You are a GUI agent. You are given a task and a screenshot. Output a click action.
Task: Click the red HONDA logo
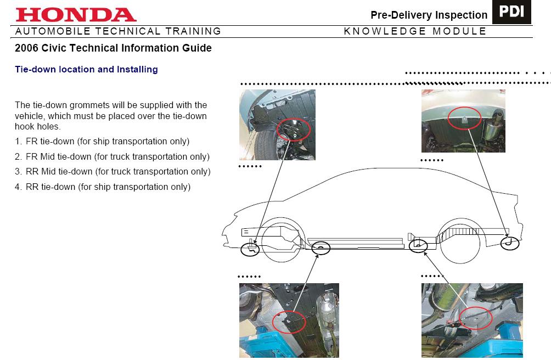pos(76,15)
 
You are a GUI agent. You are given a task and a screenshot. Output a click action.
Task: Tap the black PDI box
pos(511,13)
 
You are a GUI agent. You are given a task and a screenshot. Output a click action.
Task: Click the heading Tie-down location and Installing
pos(86,70)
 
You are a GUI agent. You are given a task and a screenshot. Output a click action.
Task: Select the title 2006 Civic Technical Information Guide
pos(113,48)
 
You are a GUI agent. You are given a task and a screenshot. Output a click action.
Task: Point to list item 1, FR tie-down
pos(102,141)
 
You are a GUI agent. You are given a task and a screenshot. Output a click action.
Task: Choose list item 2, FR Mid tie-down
pos(113,156)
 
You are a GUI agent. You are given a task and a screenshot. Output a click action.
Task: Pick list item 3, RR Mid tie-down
pos(113,172)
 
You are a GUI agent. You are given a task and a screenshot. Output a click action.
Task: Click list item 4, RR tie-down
pos(103,187)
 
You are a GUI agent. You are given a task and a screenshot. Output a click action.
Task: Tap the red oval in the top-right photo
pos(464,118)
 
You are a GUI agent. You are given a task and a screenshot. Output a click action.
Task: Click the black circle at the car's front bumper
pos(250,249)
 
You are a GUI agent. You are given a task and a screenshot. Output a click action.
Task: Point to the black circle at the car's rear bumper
pos(510,243)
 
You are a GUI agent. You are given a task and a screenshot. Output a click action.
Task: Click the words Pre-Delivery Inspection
pos(429,15)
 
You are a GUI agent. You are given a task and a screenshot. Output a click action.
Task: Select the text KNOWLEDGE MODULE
pos(415,31)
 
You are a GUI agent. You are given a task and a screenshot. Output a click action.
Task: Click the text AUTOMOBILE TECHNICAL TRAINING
pos(118,31)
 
